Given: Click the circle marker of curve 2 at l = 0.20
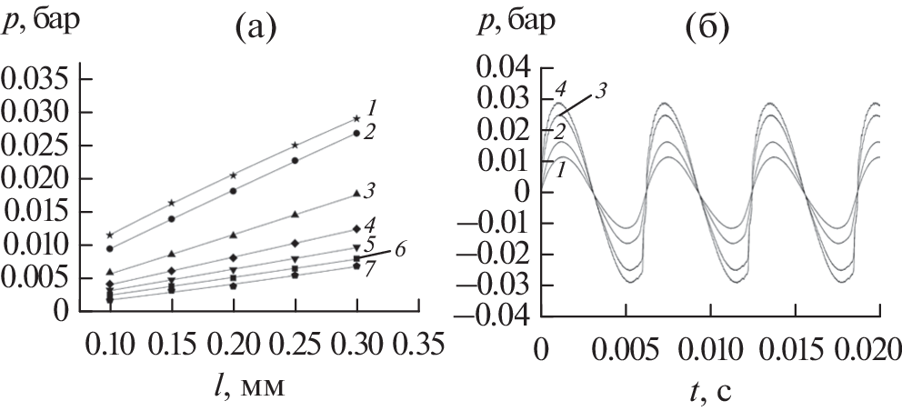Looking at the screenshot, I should coord(234,191).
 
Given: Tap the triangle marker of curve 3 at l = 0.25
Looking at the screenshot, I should coord(295,215).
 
